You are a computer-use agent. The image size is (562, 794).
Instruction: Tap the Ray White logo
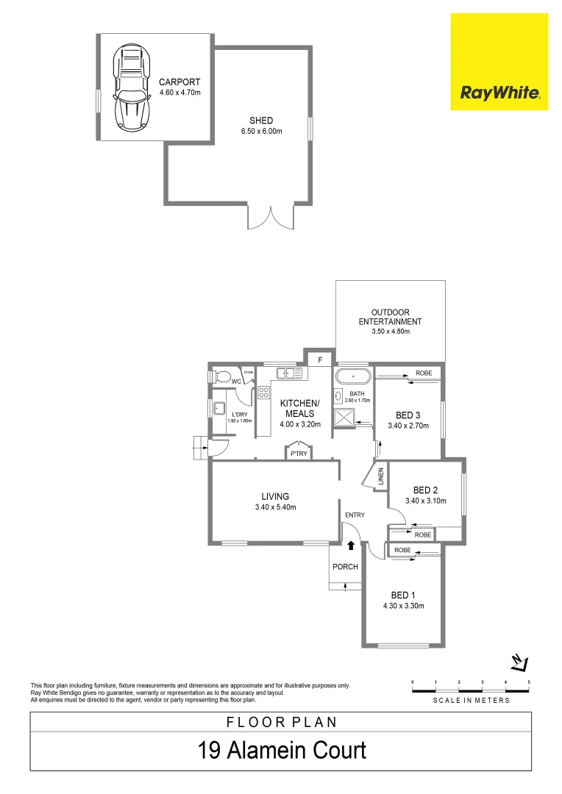[499, 93]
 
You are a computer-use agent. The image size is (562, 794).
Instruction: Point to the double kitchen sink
[290, 374]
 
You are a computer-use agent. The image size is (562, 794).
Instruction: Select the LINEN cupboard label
[381, 476]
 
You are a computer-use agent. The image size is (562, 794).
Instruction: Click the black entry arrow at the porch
[351, 546]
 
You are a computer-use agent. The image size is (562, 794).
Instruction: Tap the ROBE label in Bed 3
[424, 373]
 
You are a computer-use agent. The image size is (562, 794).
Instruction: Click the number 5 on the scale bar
[528, 683]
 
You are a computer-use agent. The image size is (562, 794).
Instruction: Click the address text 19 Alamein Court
[281, 751]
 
